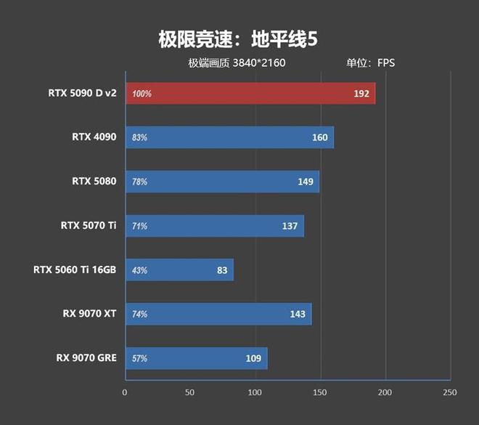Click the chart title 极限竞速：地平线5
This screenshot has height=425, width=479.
[238, 39]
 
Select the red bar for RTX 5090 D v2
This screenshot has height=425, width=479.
[250, 94]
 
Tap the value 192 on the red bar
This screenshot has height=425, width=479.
[361, 94]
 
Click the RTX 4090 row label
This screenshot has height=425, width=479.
[94, 137]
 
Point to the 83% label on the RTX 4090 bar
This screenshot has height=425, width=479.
[139, 137]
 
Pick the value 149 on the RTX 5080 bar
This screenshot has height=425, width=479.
[306, 182]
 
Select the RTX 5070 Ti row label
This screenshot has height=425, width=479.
[89, 225]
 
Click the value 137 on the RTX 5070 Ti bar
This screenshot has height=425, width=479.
[290, 226]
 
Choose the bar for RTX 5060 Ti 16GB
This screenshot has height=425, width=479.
[179, 270]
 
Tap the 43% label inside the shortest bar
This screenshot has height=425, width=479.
[139, 270]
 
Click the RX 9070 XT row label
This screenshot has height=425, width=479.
[89, 314]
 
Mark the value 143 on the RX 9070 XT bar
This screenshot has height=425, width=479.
[298, 315]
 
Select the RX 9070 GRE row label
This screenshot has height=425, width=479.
[86, 357]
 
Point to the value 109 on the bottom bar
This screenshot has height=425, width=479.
[253, 359]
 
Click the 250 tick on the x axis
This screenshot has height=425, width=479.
[450, 392]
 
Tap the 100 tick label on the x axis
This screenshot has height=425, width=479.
[255, 392]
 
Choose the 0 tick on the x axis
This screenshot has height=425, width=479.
[125, 392]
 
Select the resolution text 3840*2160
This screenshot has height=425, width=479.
[259, 63]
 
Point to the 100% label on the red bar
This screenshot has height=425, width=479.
[142, 94]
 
